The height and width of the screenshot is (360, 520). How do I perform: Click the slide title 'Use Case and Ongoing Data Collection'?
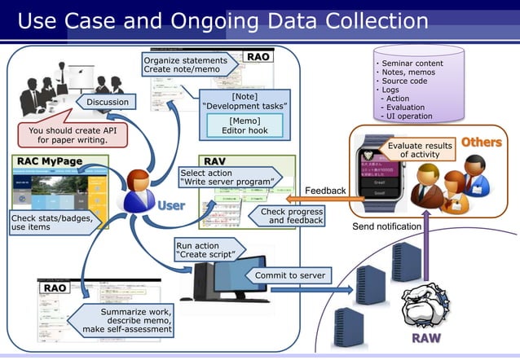(223, 20)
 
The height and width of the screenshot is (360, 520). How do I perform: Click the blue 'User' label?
(170, 205)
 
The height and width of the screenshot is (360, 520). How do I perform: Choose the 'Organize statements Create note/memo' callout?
(186, 65)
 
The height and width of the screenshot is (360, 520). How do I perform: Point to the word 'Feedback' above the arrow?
(325, 191)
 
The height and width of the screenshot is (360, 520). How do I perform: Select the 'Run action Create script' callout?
(208, 250)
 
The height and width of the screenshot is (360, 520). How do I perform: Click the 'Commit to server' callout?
(290, 275)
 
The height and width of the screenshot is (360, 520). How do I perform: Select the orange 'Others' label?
(481, 143)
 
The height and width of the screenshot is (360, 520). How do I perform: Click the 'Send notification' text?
(386, 226)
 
